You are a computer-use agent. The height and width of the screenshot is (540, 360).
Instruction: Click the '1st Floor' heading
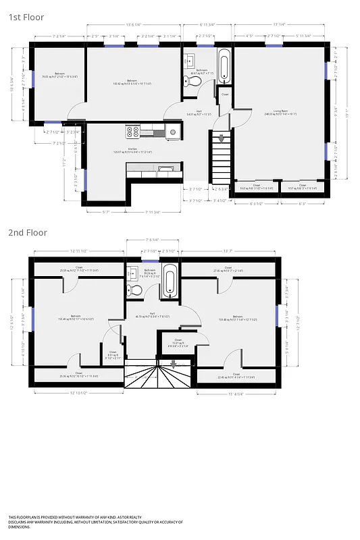click(27, 18)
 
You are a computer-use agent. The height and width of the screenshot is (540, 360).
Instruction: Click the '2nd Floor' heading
click(28, 232)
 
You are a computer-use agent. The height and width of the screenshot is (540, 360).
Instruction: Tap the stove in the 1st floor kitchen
click(132, 132)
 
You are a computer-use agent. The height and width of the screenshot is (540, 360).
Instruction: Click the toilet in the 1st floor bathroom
click(193, 82)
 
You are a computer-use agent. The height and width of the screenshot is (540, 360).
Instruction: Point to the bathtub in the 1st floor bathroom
click(224, 66)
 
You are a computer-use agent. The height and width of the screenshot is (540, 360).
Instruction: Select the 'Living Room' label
click(282, 110)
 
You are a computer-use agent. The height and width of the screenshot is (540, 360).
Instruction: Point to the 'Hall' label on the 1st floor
click(199, 111)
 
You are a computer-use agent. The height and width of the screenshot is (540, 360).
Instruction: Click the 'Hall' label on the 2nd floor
click(152, 313)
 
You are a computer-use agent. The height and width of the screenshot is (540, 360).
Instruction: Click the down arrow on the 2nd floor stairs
click(172, 364)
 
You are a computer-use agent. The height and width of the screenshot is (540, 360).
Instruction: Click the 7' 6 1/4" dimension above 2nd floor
click(153, 240)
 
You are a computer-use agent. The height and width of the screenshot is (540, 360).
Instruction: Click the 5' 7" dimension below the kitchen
click(106, 211)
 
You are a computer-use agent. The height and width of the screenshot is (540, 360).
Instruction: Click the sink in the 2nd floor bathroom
click(132, 273)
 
